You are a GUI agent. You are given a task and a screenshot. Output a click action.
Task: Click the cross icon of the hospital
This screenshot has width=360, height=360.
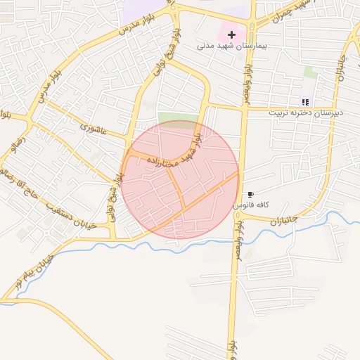coord(231,34)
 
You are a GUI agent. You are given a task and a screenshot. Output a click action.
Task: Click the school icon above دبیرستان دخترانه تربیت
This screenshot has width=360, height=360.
coord(305,102)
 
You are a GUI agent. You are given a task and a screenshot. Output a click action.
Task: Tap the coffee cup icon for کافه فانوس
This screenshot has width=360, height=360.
coord(251,194)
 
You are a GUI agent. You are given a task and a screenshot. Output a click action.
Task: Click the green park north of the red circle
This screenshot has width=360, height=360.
coord(176,117)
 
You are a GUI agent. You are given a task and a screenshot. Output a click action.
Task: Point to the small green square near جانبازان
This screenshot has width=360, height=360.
coord(310,72)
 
